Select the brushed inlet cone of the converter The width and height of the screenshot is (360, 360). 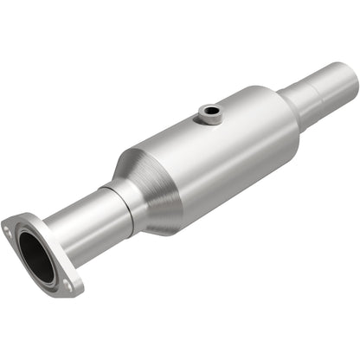[x=147, y=186]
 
